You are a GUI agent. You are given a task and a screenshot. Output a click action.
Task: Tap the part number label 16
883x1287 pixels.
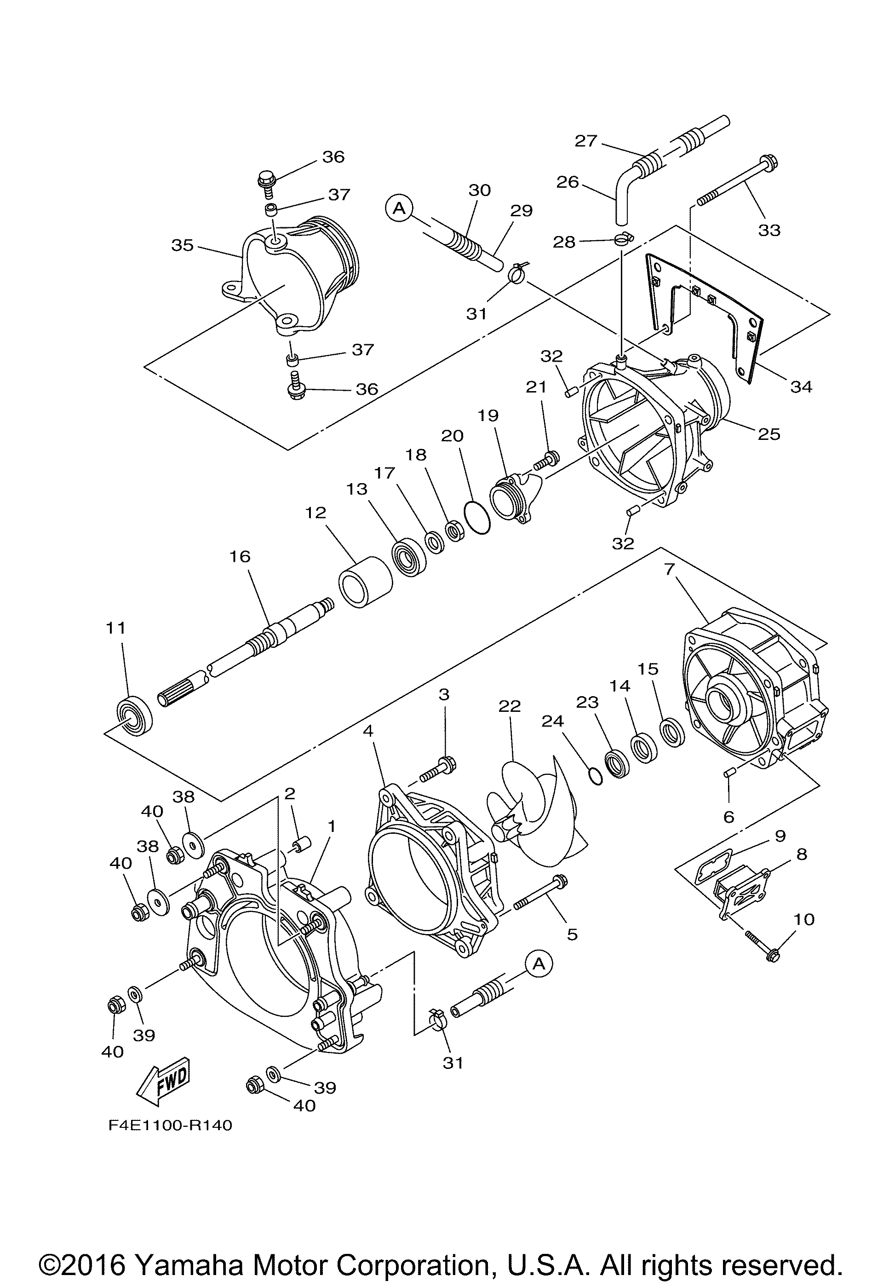pyautogui.click(x=240, y=556)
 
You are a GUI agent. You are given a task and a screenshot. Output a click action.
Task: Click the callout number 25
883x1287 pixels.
pyautogui.click(x=769, y=433)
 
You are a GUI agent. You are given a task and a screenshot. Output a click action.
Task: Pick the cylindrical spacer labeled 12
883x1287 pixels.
pyautogui.click(x=365, y=583)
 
